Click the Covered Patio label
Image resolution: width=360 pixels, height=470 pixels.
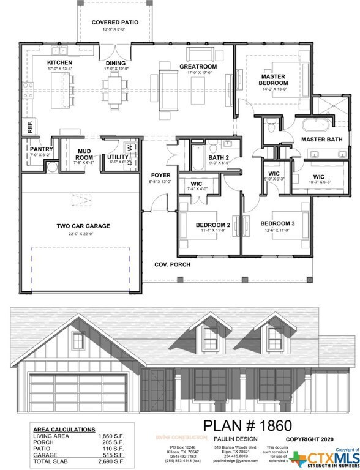(115, 23)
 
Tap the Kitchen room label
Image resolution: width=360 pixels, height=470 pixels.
(60, 63)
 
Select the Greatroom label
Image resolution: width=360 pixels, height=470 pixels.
(195, 67)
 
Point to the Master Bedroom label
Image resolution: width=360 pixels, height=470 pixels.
(273, 79)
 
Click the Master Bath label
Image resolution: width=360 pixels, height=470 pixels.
(316, 140)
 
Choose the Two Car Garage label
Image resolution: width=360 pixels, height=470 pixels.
(83, 226)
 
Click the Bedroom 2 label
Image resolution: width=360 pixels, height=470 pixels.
(212, 225)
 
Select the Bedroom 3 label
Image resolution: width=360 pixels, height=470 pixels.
(277, 224)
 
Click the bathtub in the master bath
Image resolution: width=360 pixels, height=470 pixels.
(315, 125)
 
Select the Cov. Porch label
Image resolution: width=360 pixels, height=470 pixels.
(171, 264)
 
